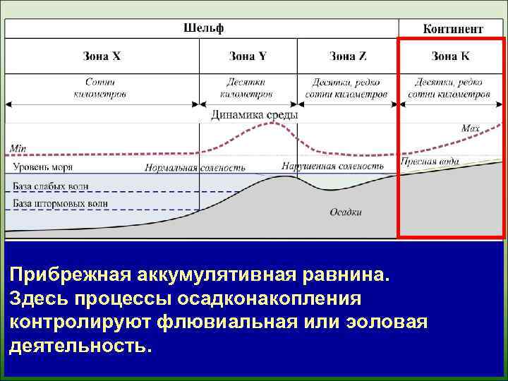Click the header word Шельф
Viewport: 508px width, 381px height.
[x=203, y=28]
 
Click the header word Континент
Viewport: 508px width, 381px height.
[x=453, y=29]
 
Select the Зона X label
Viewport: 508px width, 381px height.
[x=102, y=56]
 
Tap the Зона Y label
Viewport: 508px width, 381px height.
[x=248, y=56]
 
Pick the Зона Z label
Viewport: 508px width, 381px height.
[x=347, y=56]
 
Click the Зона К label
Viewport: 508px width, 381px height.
[x=449, y=56]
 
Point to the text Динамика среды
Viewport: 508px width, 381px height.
[x=254, y=114]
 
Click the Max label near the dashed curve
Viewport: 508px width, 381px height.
[x=471, y=128]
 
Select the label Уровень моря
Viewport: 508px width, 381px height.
[x=42, y=167]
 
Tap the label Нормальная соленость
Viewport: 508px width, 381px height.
[x=195, y=168]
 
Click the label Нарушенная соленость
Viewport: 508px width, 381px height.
[x=332, y=167]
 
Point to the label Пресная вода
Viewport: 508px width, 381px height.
[x=429, y=162]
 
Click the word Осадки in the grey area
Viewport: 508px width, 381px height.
[x=345, y=212]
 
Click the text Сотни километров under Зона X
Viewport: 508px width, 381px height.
[x=100, y=87]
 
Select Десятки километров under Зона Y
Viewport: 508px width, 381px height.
[x=246, y=87]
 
